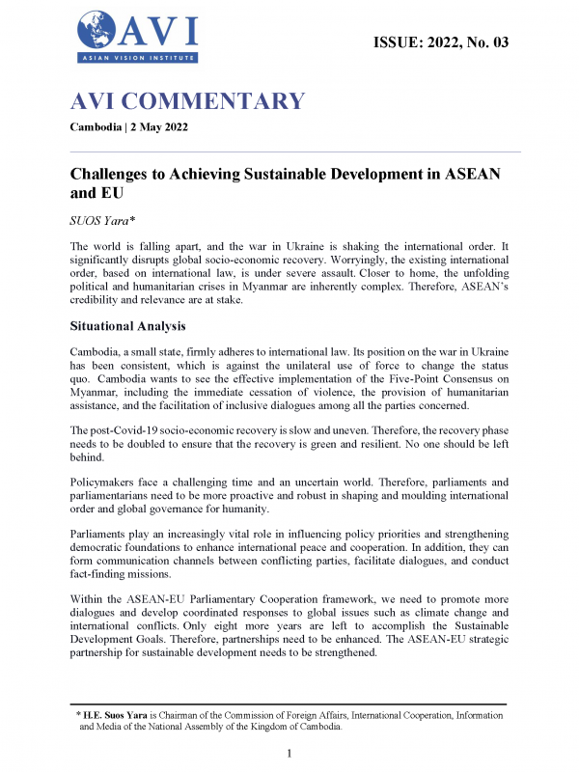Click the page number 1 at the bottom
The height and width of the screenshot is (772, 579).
289,753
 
